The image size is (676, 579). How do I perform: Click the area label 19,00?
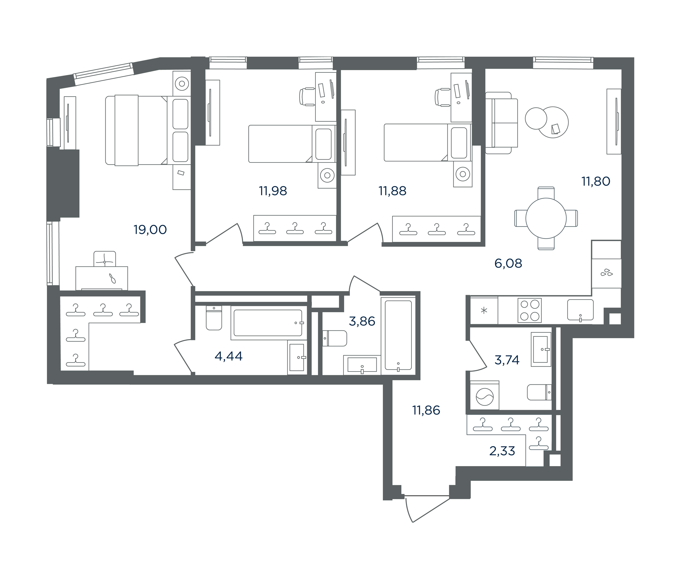[x=150, y=230]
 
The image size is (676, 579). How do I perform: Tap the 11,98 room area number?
[x=273, y=191]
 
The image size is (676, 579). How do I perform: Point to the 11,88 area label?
[x=392, y=191]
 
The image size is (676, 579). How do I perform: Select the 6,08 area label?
[x=508, y=263]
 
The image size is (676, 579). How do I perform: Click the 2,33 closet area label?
[x=502, y=451]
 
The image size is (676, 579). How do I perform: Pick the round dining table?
[x=546, y=218]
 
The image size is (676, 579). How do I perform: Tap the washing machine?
[x=484, y=395]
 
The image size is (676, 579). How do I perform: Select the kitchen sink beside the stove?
[x=580, y=310]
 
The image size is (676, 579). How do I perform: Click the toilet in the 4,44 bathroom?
[x=214, y=318]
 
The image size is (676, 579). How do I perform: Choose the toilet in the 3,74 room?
[x=539, y=392]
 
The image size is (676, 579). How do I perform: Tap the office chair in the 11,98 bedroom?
[x=307, y=97]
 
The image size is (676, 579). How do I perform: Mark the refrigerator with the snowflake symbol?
[x=484, y=310]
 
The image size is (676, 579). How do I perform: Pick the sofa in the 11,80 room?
[x=502, y=123]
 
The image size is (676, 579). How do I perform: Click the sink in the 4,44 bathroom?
[x=297, y=357]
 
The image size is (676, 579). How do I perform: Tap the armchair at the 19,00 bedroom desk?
[x=104, y=259]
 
